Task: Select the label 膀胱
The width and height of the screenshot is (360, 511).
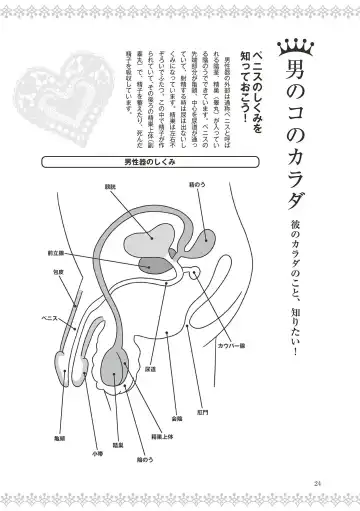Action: pos(137,186)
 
